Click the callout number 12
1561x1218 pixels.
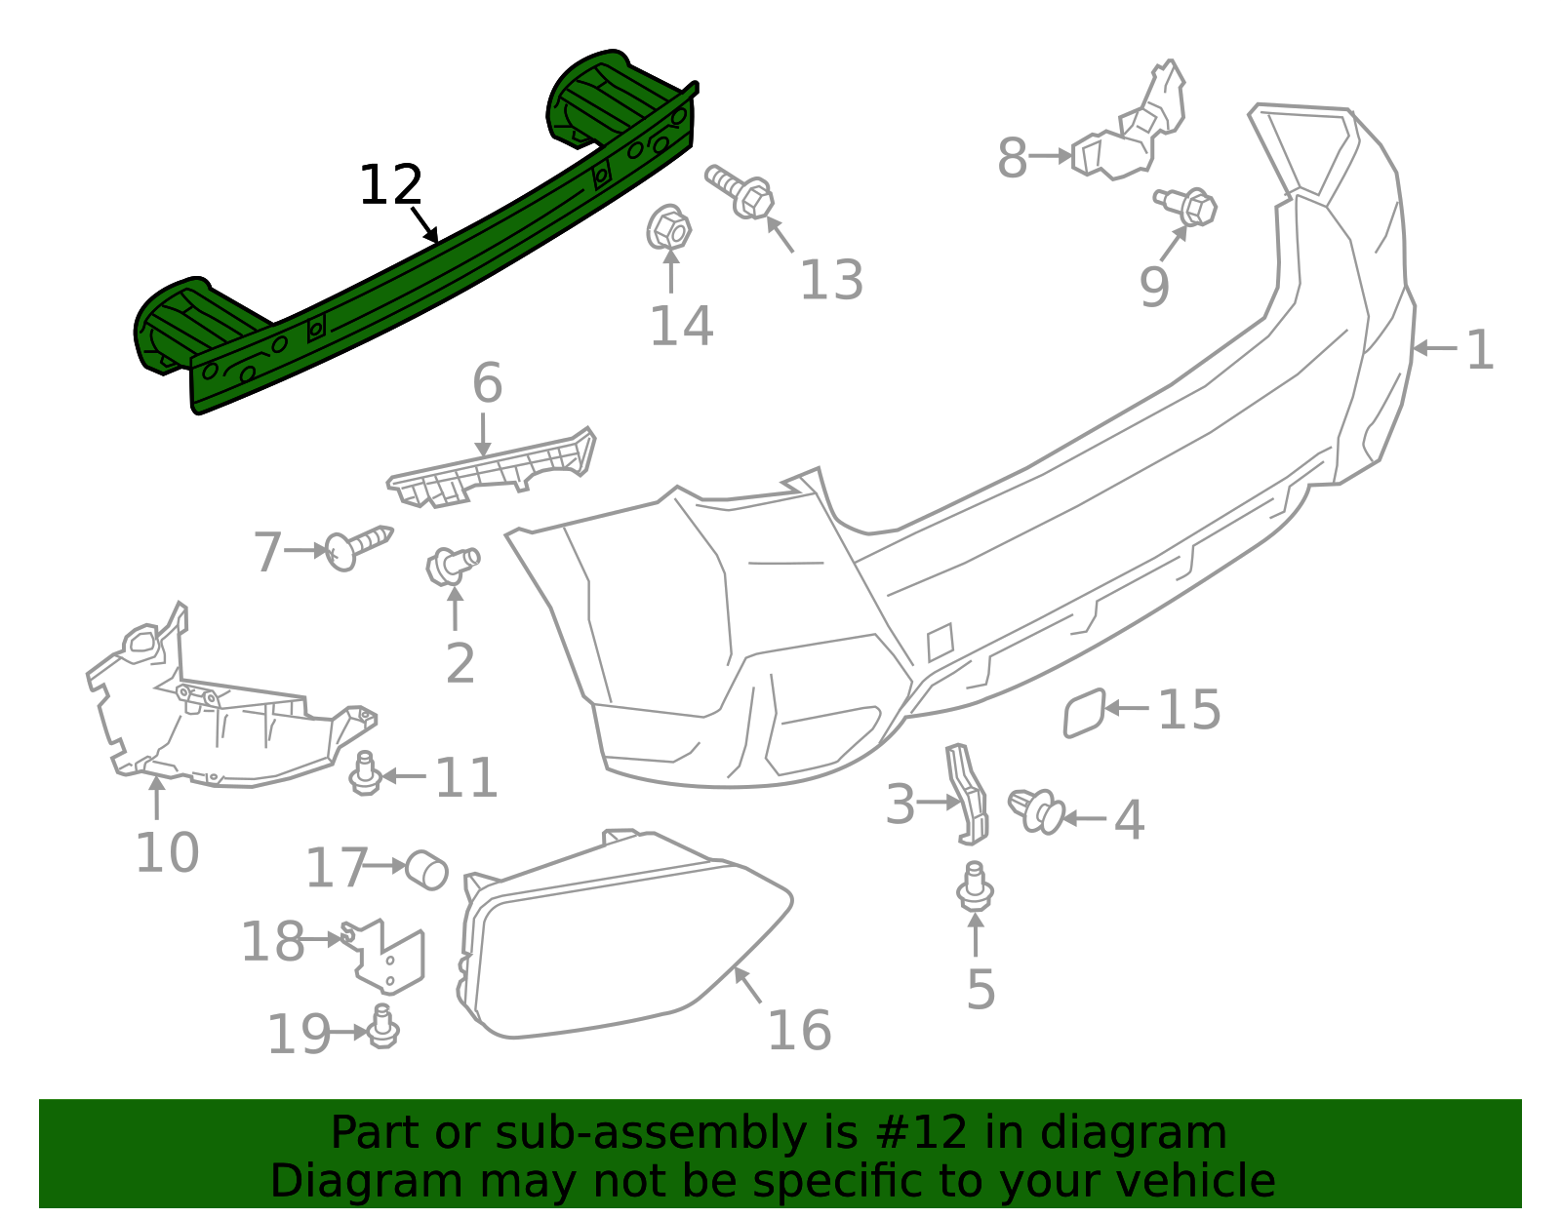[390, 185]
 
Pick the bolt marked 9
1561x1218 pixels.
[1187, 206]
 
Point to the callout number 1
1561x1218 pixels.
[1479, 349]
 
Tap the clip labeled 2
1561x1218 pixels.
[452, 565]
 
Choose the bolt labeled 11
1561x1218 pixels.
[366, 773]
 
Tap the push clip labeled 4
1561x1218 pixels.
[1036, 810]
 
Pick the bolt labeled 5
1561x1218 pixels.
[975, 886]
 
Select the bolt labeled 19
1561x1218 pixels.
[382, 1028]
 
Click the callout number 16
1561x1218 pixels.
[799, 1031]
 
